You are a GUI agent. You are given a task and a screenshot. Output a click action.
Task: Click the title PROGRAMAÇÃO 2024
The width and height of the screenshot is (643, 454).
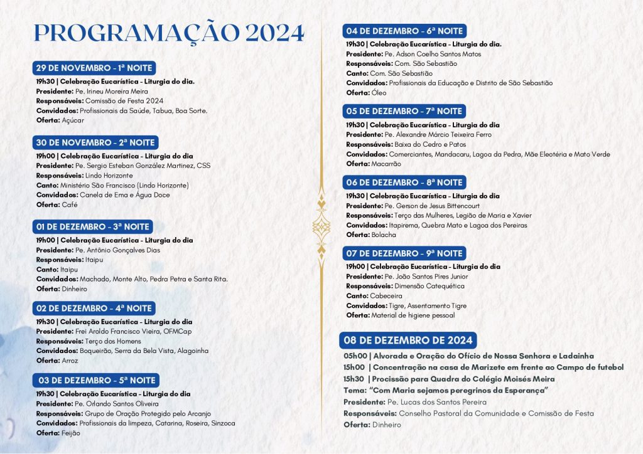point(168,33)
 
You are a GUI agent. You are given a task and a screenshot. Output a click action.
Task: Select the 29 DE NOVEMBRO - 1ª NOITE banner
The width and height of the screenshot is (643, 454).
point(94,68)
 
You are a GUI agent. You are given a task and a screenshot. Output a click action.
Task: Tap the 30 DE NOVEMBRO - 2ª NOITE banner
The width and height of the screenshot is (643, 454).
point(95,142)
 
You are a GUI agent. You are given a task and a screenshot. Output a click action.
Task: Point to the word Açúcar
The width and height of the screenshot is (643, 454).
point(73,120)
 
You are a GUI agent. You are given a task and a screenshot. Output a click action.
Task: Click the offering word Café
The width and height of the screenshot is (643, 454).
point(70,205)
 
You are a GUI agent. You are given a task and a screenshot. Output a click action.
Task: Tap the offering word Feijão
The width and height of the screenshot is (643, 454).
point(70,433)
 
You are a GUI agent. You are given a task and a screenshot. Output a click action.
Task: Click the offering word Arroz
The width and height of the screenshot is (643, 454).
point(71,361)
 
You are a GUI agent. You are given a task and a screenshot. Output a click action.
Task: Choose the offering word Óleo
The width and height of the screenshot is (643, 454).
point(379,93)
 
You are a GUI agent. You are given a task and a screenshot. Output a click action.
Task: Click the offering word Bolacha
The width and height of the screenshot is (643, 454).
point(384,235)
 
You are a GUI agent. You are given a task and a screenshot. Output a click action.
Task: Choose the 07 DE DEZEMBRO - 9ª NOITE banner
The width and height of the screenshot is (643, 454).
point(404,253)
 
